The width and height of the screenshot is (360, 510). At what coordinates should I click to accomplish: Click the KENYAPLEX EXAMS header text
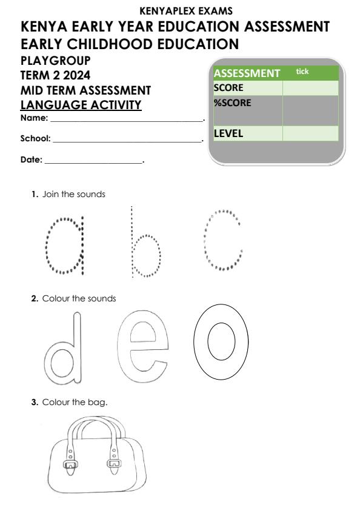pyautogui.click(x=180, y=11)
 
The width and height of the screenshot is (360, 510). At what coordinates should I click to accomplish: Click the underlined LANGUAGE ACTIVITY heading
pyautogui.click(x=81, y=106)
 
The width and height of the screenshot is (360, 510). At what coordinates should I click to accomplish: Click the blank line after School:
pyautogui.click(x=127, y=141)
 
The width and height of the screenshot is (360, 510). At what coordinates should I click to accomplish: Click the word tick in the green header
pyautogui.click(x=302, y=72)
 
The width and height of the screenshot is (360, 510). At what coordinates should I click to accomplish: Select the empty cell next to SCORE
pyautogui.click(x=310, y=88)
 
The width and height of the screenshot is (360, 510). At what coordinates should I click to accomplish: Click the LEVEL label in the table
pyautogui.click(x=228, y=133)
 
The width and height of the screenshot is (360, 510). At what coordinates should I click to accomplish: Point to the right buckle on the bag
pyautogui.click(x=112, y=465)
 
